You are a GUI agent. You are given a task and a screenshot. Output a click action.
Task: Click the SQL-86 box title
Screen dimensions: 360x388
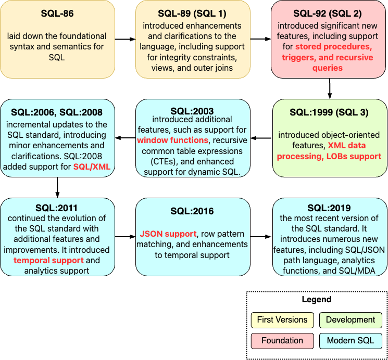point(57,14)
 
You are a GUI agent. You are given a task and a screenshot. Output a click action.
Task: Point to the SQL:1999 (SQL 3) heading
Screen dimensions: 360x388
point(329,112)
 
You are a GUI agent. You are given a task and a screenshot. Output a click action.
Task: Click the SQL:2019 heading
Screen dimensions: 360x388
point(329,208)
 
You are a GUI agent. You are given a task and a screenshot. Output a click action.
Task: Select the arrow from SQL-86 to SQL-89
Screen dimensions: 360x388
point(125,39)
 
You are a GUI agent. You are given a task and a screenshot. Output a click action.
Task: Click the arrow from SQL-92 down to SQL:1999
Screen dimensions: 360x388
point(329,88)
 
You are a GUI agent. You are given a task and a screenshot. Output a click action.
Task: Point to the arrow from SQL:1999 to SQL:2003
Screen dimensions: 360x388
point(261,138)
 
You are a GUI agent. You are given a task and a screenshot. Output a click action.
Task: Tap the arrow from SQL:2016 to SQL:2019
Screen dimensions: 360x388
point(261,237)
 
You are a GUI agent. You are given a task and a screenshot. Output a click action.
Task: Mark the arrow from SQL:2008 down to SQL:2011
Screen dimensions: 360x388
point(57,187)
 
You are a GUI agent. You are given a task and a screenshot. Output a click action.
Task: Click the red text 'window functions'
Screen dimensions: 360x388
point(165,140)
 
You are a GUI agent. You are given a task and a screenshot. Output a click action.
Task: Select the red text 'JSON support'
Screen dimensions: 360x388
point(168,234)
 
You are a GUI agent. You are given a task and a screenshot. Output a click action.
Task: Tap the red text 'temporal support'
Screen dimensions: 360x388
point(48,260)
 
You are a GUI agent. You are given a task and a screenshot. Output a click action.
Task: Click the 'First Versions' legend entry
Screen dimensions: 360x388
point(282,319)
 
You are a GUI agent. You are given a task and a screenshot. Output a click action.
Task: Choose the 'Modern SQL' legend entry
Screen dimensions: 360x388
point(350,341)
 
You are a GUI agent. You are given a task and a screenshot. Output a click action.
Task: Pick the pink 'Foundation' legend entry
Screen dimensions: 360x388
point(282,341)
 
